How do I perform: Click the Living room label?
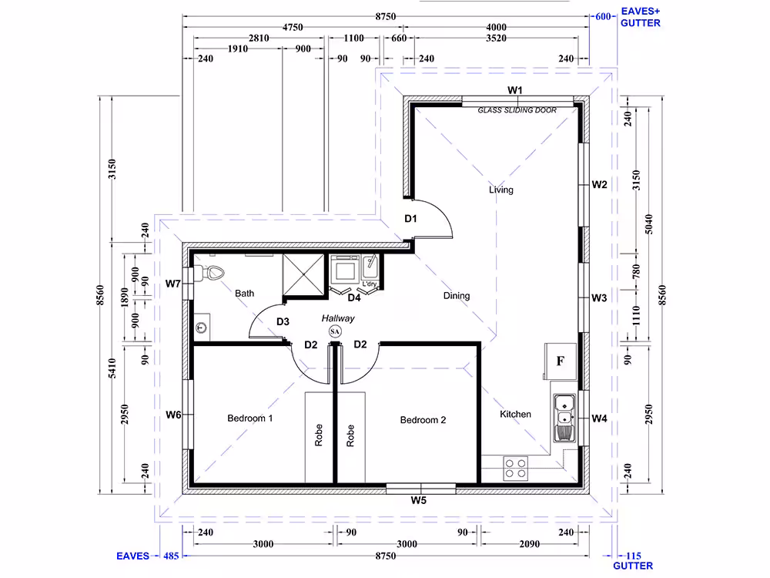pos(501,190)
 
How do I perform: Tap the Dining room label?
pos(457,296)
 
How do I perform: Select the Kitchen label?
pos(515,415)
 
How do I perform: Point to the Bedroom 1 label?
pos(250,418)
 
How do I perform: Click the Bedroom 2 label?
pos(423,420)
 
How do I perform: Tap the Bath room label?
pos(245,294)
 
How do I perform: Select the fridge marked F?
pos(561,361)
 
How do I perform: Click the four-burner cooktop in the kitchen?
pos(516,469)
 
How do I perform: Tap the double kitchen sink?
pos(564,418)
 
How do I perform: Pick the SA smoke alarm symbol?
pos(335,331)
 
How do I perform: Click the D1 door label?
pos(410,219)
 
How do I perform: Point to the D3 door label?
pos(283,322)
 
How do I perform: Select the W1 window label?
pos(515,90)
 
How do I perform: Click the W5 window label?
pos(419,501)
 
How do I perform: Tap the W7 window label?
pos(172,284)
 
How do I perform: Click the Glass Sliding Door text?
pos(517,110)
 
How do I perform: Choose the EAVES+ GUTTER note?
pos(641,17)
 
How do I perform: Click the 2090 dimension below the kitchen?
pos(530,544)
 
